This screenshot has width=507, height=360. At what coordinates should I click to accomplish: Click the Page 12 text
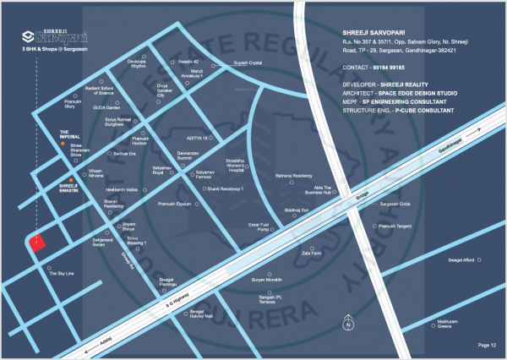(487, 345)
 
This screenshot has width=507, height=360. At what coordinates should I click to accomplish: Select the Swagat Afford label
(463, 261)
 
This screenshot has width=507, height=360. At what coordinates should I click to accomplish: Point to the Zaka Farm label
(312, 252)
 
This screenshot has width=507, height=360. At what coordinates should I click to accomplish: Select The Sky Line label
(62, 274)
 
